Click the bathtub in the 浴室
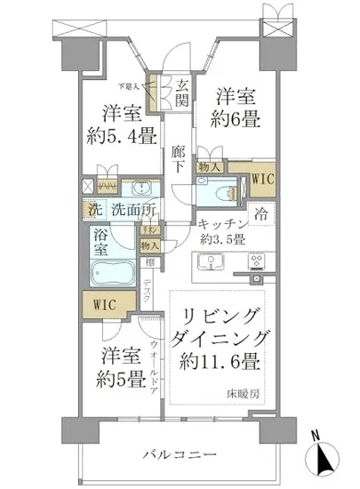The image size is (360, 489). click(x=111, y=271)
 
